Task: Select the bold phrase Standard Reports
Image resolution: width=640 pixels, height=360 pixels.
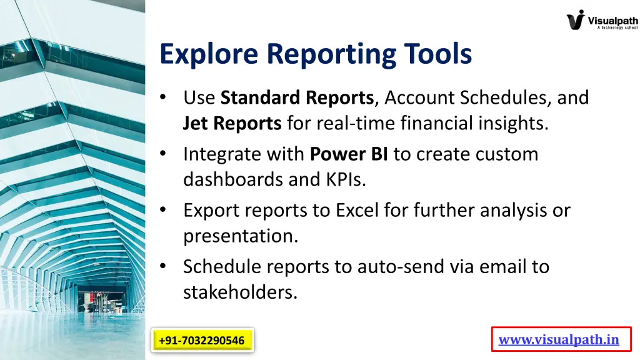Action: point(297,98)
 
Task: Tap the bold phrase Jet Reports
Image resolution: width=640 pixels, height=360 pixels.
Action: point(232,124)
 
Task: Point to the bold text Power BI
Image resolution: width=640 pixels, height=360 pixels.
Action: point(349,154)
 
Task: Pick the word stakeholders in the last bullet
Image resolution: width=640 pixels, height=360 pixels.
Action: point(240,292)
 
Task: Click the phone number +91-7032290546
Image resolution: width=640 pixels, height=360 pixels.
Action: point(201,341)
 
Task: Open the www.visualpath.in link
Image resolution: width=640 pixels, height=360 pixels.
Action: point(559,340)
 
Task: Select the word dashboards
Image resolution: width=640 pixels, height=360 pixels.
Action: point(233,180)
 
